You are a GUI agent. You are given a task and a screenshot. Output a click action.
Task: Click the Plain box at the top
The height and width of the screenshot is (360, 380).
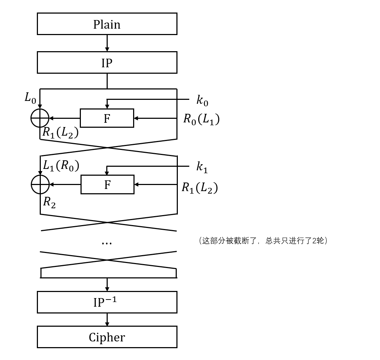point(107,24)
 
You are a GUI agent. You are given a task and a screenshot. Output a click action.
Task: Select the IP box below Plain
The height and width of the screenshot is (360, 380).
point(107,63)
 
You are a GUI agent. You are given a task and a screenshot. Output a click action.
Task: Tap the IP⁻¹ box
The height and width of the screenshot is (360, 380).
point(107,302)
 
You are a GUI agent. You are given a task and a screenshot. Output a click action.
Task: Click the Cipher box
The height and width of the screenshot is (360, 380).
point(107,337)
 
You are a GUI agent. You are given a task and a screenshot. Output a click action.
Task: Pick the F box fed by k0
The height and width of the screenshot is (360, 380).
point(107,118)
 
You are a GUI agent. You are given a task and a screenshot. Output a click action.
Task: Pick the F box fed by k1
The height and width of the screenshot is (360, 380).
point(107,185)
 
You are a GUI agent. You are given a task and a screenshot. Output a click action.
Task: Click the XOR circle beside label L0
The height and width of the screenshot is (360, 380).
point(40,118)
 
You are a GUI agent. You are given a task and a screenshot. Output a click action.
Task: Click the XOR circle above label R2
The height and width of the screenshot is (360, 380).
point(40,185)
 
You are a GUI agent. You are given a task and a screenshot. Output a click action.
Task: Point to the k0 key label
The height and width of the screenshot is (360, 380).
point(202,100)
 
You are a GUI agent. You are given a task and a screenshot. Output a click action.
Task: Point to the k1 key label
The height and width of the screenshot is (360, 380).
point(202,167)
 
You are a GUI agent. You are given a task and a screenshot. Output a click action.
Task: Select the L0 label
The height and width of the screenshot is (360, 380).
point(30,97)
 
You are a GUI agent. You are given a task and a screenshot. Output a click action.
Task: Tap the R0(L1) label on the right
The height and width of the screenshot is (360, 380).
point(201,119)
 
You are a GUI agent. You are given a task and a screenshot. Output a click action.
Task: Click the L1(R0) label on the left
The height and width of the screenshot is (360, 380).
point(61,165)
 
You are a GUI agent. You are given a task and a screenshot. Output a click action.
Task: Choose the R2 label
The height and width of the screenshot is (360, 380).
point(49,202)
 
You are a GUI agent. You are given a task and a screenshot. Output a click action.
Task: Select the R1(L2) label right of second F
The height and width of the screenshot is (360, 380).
point(199,188)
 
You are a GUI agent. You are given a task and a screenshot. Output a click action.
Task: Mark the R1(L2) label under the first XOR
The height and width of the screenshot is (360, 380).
point(60,132)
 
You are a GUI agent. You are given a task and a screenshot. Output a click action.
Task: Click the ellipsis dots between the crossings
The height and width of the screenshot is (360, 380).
point(107,243)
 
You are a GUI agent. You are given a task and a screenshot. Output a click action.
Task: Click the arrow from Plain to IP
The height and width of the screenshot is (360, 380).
point(107,43)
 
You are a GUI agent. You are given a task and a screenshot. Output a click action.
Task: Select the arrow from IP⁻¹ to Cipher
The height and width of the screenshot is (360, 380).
point(107,320)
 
